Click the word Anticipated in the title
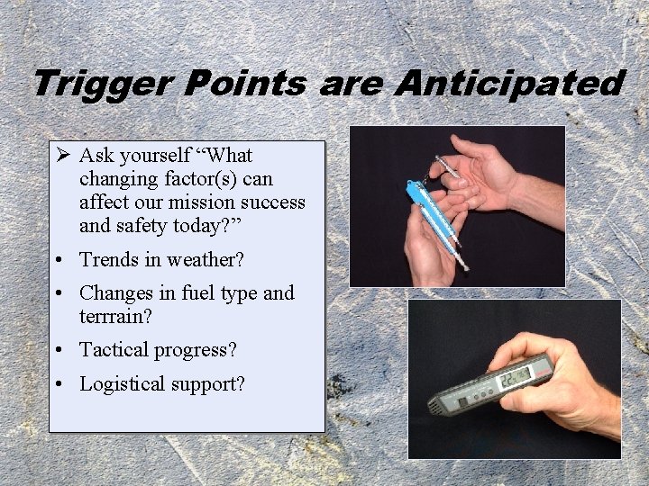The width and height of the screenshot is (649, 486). click(508, 85)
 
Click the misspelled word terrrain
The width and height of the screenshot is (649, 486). click(114, 316)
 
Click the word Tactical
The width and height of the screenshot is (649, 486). click(115, 350)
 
